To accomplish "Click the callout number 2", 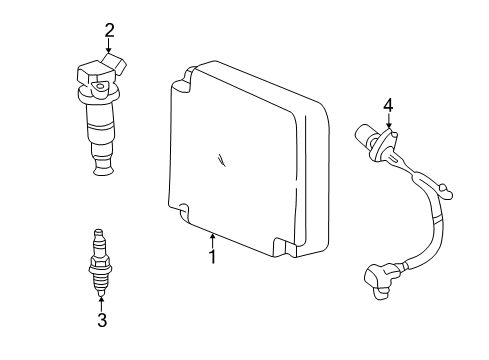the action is click(x=110, y=30).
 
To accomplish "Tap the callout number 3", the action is click(x=101, y=319).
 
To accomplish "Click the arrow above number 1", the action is click(x=212, y=238).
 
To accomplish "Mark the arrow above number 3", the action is click(x=101, y=302).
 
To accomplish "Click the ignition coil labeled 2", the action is click(x=100, y=110).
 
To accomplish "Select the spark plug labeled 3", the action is click(x=100, y=265).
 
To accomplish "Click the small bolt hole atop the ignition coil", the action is click(x=102, y=87).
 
